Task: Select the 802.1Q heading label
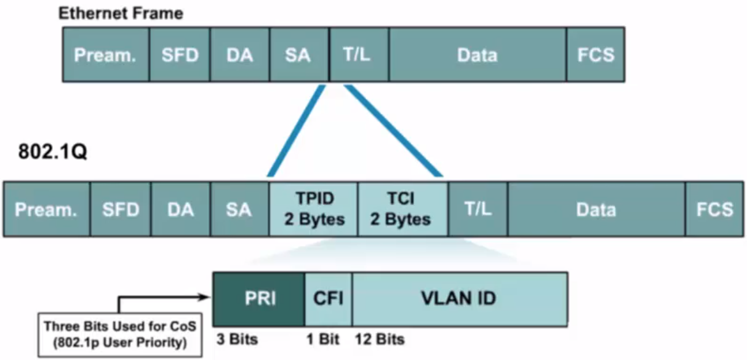pyautogui.click(x=45, y=152)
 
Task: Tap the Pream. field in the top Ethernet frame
pyautogui.click(x=105, y=54)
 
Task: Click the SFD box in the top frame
pyautogui.click(x=180, y=54)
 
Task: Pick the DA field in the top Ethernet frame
pyautogui.click(x=239, y=54)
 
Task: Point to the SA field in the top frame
pyautogui.click(x=298, y=54)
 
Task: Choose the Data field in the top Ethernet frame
pyautogui.click(x=477, y=54)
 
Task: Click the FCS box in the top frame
pyautogui.click(x=595, y=54)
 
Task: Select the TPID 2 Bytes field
pyautogui.click(x=313, y=209)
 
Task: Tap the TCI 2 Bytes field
pyautogui.click(x=402, y=209)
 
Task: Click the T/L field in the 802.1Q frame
pyautogui.click(x=477, y=209)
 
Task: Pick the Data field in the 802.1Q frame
pyautogui.click(x=596, y=209)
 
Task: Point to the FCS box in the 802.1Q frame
pyautogui.click(x=715, y=209)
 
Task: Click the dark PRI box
pyautogui.click(x=258, y=299)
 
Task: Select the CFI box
pyautogui.click(x=329, y=299)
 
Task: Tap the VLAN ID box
pyautogui.click(x=459, y=299)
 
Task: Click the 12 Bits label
pyautogui.click(x=380, y=340)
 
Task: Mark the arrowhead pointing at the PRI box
pyautogui.click(x=207, y=298)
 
